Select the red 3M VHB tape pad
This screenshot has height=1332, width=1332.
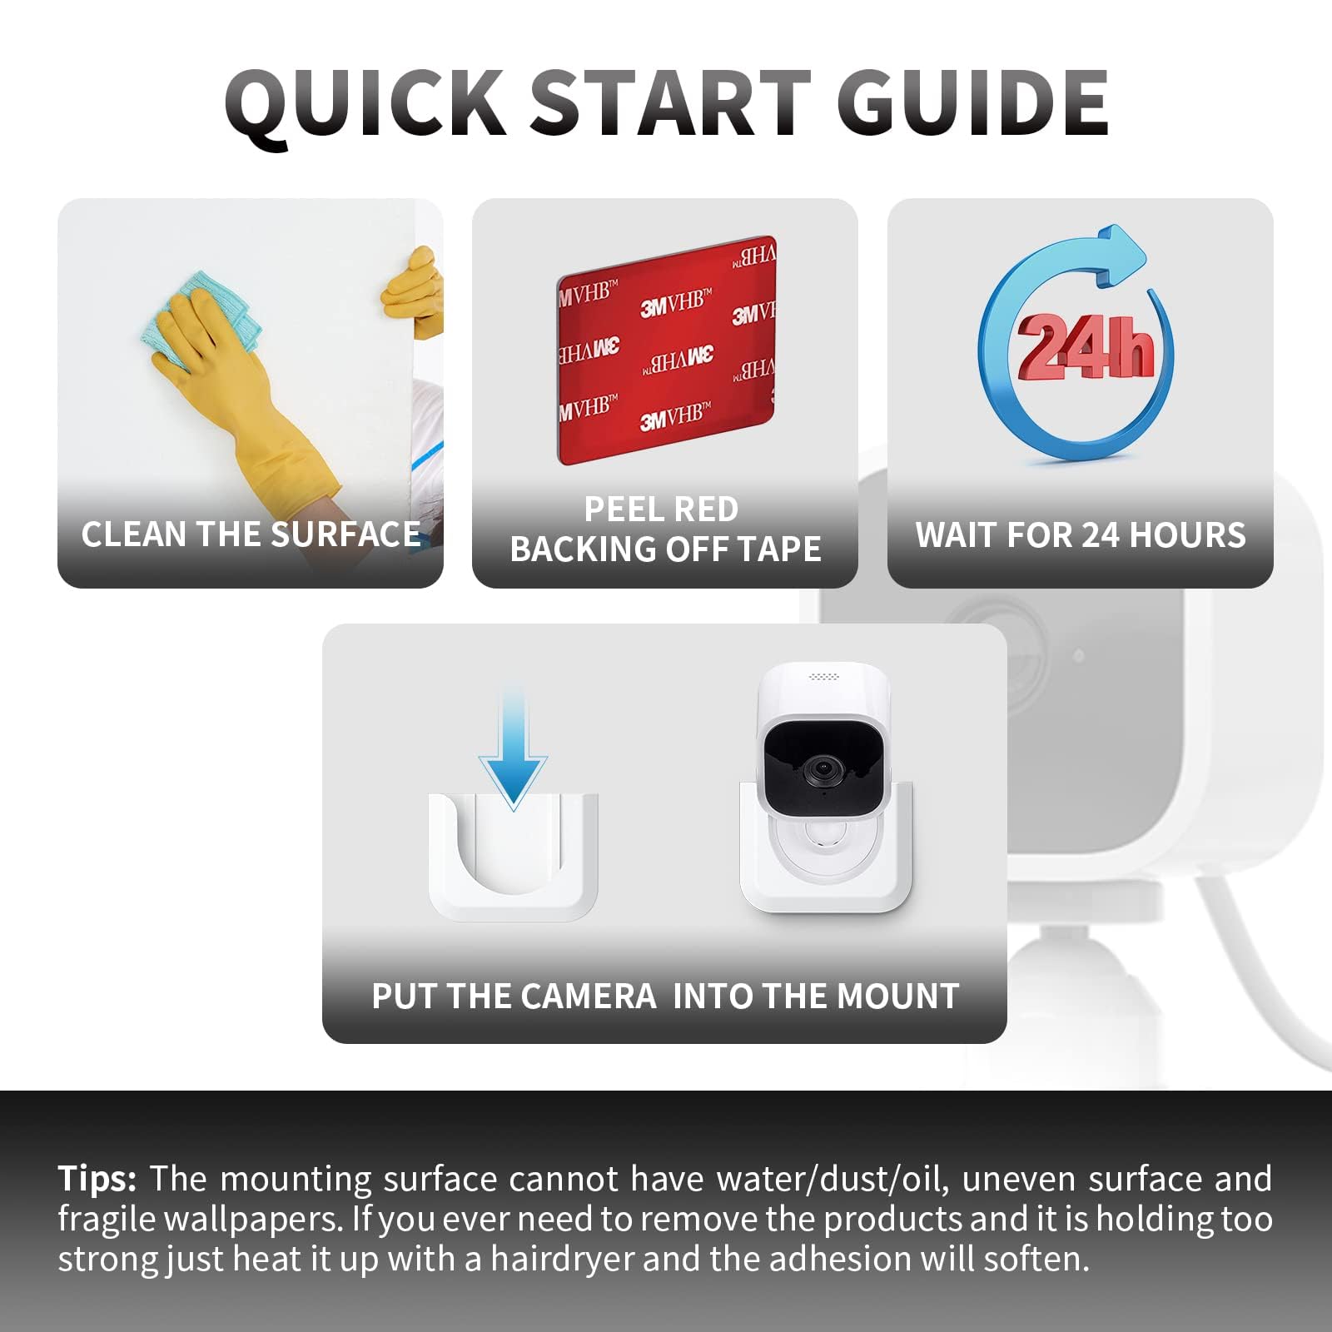click(x=666, y=350)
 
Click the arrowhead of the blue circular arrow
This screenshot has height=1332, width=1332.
click(x=1120, y=254)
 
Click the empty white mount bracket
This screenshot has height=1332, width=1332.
click(x=513, y=857)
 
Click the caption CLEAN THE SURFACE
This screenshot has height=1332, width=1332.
click(x=251, y=534)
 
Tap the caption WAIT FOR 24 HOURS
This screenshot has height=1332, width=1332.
click(x=1081, y=534)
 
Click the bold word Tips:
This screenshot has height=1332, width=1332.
click(x=97, y=1179)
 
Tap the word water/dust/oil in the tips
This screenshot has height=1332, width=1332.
click(x=829, y=1180)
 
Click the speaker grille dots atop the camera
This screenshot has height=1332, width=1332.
click(x=823, y=676)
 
